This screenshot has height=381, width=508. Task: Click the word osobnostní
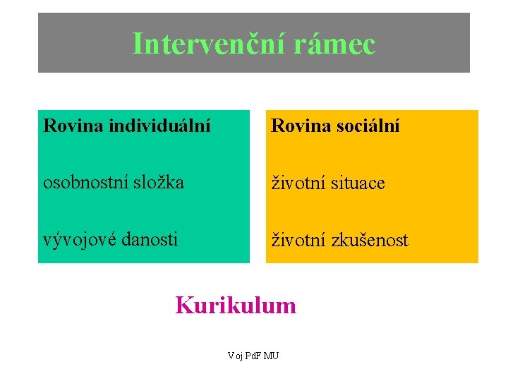click(x=84, y=182)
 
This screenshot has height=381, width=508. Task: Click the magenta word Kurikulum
click(x=236, y=306)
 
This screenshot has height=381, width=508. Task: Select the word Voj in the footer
click(x=235, y=356)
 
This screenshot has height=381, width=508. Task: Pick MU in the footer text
click(x=271, y=356)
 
